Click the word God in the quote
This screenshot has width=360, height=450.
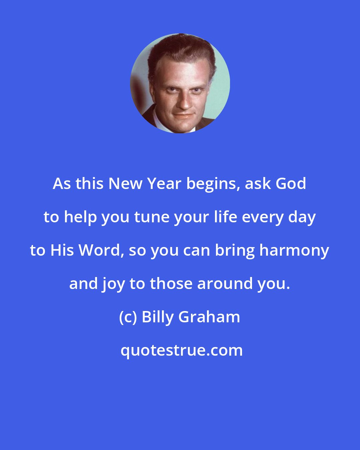click(291, 184)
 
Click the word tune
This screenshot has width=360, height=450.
click(148, 217)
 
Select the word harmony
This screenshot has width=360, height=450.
click(294, 251)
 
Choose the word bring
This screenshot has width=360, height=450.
click(235, 251)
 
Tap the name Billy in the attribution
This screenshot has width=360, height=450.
click(158, 317)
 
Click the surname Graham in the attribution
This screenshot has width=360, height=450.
click(209, 317)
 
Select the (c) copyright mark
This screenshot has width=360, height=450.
click(128, 317)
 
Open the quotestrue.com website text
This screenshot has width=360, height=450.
click(182, 350)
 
